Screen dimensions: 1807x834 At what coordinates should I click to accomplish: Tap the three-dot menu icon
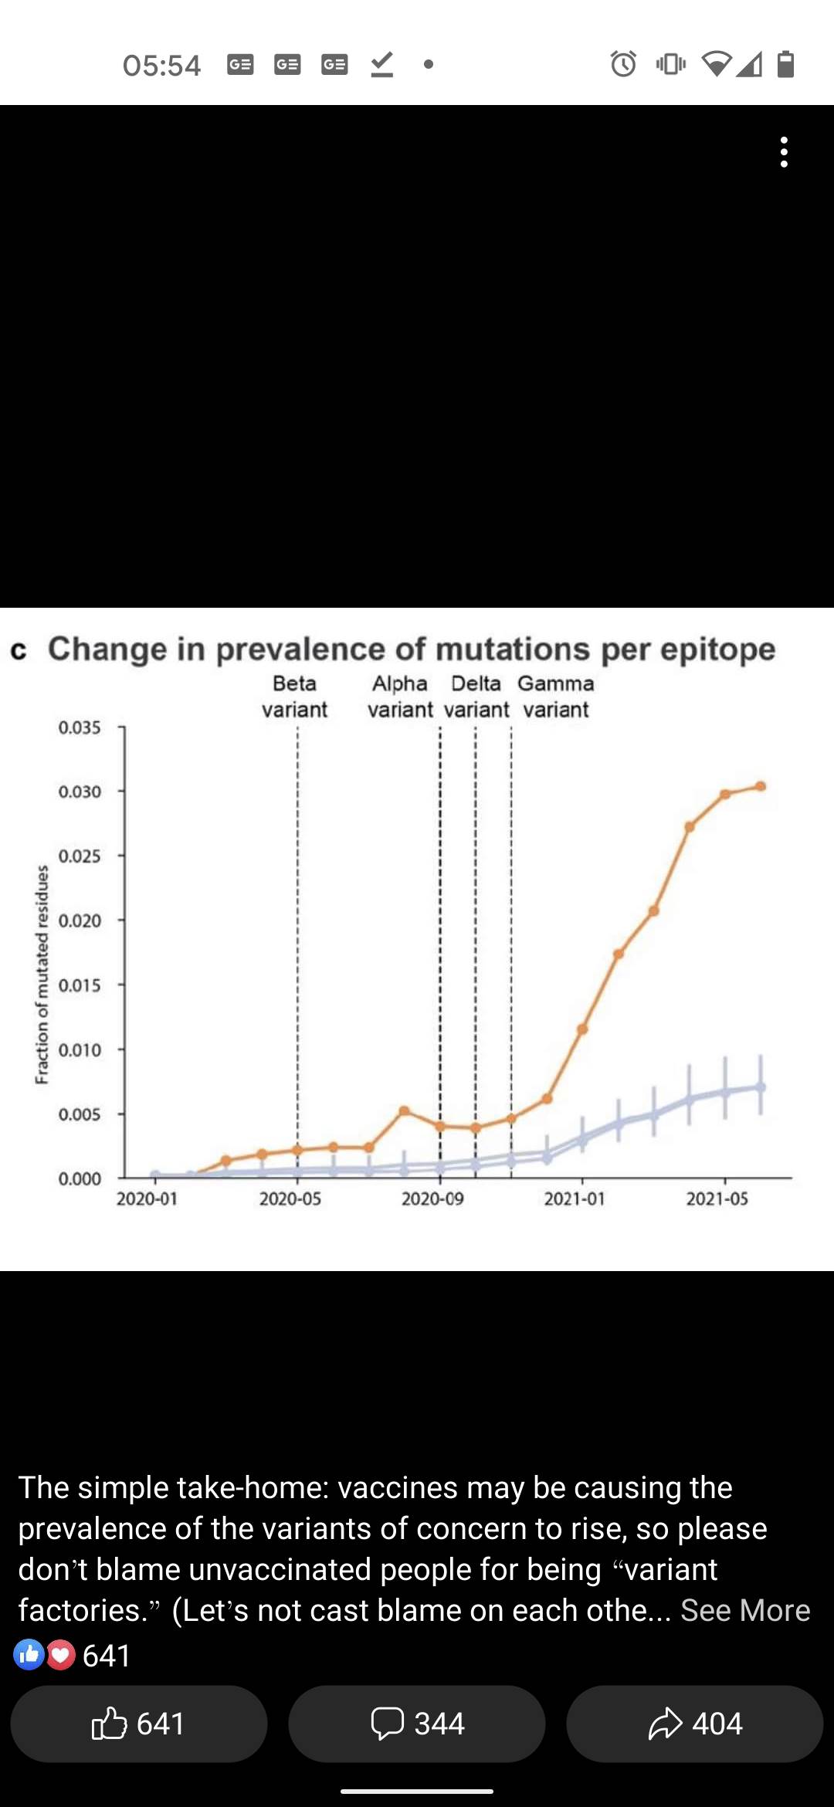(784, 152)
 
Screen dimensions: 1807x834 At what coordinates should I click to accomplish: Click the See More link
(744, 1610)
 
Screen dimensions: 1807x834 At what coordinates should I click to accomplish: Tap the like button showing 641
(139, 1724)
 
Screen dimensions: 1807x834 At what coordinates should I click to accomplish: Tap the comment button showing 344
(417, 1724)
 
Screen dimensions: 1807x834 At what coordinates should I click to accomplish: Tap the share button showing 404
(695, 1724)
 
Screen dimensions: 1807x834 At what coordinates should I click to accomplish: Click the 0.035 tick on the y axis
(80, 727)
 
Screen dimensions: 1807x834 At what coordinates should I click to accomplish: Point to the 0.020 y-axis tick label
(80, 920)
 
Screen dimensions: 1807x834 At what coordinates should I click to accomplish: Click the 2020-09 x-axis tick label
(432, 1198)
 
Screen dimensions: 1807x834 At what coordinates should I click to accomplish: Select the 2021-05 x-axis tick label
(717, 1198)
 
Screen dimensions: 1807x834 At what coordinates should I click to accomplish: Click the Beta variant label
(294, 696)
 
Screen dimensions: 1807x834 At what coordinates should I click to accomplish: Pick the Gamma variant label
(556, 696)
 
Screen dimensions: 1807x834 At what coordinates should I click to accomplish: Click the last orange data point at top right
(761, 786)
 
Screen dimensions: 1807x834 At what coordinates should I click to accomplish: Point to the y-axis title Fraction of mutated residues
(42, 974)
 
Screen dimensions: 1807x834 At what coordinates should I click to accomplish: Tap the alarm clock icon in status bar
(623, 63)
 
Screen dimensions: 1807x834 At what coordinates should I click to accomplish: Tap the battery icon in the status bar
(785, 63)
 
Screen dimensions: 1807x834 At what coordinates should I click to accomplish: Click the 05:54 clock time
(161, 65)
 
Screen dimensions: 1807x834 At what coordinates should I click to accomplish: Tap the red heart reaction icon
(61, 1654)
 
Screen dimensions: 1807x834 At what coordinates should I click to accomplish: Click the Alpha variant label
(400, 696)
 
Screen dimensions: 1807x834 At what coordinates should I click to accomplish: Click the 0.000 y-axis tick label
(80, 1178)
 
